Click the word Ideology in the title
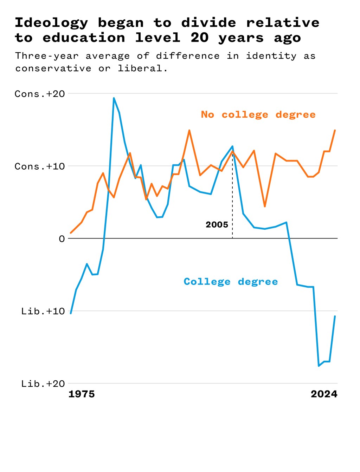(x=51, y=23)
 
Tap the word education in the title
(x=84, y=38)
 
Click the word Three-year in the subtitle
(x=47, y=56)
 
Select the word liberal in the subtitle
(x=140, y=68)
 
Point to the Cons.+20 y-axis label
(x=40, y=94)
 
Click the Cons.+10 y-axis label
(x=40, y=166)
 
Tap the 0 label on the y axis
(x=62, y=239)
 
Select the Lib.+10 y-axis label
(x=43, y=311)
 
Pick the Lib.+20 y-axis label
(x=43, y=383)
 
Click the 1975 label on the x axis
(x=82, y=394)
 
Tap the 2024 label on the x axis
(x=324, y=394)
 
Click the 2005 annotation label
(x=217, y=225)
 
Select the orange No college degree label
(x=258, y=114)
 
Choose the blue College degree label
(x=231, y=282)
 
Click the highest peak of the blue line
(x=114, y=98)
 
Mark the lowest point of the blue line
(x=319, y=366)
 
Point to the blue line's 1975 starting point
(x=71, y=313)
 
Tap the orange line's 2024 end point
(x=335, y=130)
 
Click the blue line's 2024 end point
(x=335, y=316)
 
